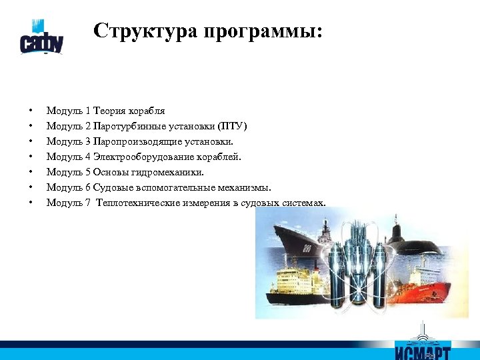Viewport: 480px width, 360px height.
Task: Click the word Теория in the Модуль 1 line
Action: click(113, 110)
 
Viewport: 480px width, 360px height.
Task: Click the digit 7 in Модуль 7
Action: click(88, 202)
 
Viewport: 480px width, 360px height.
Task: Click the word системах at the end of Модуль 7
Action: click(303, 202)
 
